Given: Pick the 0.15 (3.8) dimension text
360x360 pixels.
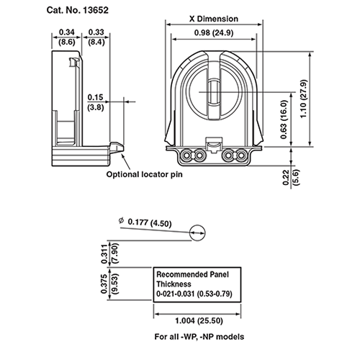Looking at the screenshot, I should pyautogui.click(x=94, y=102).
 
